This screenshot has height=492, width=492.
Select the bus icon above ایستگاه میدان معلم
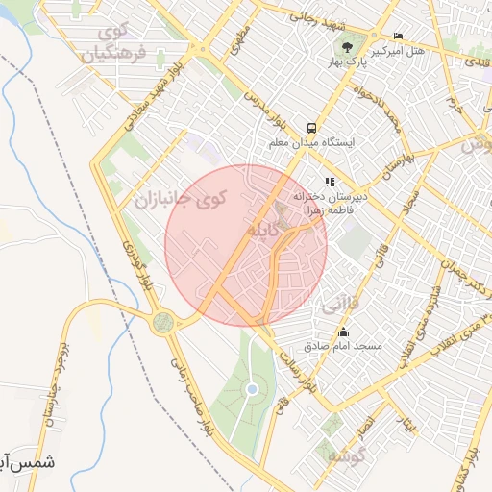(311, 128)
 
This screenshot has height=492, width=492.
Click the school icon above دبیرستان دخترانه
(329, 181)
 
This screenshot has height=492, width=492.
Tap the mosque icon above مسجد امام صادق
(344, 332)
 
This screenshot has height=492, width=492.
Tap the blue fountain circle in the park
(252, 389)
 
